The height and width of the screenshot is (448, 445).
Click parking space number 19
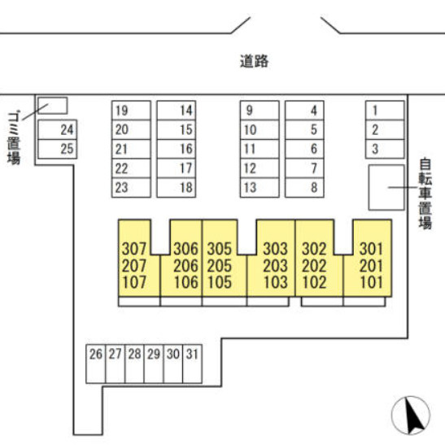131,111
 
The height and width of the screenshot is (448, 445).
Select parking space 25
58,149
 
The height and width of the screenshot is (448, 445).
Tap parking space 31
192,363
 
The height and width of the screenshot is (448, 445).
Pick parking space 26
96,363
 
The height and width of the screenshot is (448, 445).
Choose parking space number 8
304,188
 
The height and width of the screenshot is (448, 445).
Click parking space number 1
385,111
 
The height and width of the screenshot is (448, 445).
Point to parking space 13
260,188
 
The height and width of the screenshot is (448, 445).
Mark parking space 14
177,111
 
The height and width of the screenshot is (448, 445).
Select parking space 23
131,188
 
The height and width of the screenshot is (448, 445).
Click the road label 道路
254,61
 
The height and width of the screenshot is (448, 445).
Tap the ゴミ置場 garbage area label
14,138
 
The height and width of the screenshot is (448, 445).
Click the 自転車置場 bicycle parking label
425,194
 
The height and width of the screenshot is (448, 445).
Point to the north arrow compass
411,415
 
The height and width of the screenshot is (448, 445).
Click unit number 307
134,249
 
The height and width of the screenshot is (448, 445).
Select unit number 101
371,282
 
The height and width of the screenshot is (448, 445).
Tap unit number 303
275,249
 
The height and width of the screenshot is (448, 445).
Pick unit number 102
314,282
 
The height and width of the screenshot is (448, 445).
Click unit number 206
185,266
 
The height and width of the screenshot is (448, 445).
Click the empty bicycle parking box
386,188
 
